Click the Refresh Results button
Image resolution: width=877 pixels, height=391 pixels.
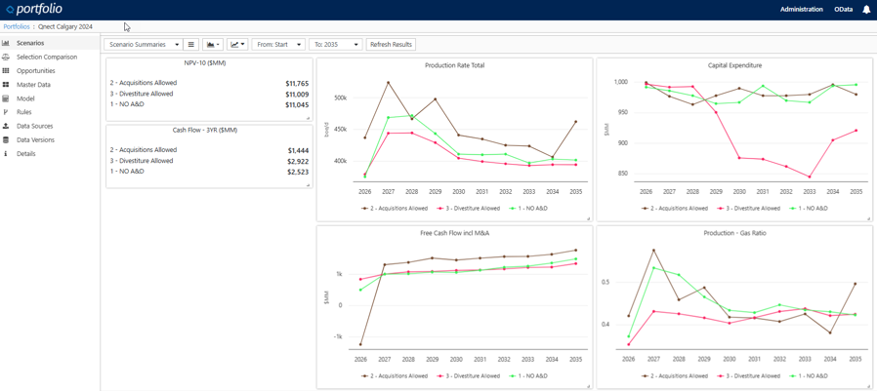[x=391, y=45]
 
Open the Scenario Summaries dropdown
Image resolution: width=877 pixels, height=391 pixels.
[x=144, y=45]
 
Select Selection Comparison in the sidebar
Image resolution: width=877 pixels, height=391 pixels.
[x=46, y=58]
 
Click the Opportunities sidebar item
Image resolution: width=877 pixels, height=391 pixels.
[x=35, y=71]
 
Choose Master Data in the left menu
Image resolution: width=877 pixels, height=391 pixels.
[x=33, y=85]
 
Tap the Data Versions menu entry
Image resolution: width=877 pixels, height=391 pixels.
[x=35, y=140]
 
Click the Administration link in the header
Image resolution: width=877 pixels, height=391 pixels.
[x=801, y=10]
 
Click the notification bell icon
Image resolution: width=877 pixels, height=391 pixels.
[x=866, y=10]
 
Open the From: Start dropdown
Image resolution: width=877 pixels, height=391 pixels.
[x=278, y=45]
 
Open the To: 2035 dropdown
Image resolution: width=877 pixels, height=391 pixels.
[x=336, y=45]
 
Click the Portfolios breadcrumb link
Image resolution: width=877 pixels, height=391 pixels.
[x=17, y=27]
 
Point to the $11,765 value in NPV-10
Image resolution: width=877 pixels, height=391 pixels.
[x=297, y=84]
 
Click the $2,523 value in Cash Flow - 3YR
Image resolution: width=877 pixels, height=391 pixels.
[x=297, y=172]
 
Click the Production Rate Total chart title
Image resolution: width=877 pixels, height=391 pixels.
[x=454, y=65]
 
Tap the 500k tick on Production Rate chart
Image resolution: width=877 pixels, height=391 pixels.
[x=340, y=98]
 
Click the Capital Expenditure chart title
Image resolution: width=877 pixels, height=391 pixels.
[x=734, y=65]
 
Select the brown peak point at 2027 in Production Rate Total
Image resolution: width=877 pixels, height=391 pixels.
[x=389, y=82]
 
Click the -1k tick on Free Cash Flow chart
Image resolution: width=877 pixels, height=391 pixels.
[x=338, y=336]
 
